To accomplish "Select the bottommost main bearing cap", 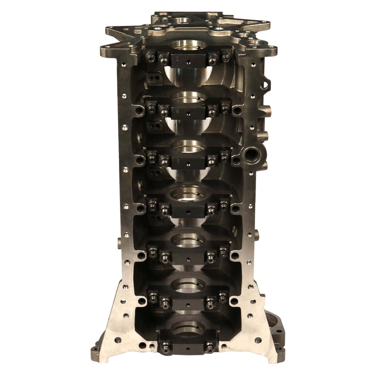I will click(188, 346).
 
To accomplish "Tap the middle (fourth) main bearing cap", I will click(188, 209).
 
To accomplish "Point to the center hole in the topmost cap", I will click(188, 64).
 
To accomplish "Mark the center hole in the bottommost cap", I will click(188, 349).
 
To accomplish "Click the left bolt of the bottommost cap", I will click(166, 346).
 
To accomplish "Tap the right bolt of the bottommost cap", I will click(210, 346).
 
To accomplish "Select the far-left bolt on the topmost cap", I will click(150, 57).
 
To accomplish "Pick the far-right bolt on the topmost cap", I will click(226, 57).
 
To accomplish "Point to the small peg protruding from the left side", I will click(119, 242).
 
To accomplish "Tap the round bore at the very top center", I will click(183, 21).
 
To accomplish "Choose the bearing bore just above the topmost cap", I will click(188, 45).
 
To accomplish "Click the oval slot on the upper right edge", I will click(265, 84).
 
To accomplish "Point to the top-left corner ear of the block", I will click(107, 49).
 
